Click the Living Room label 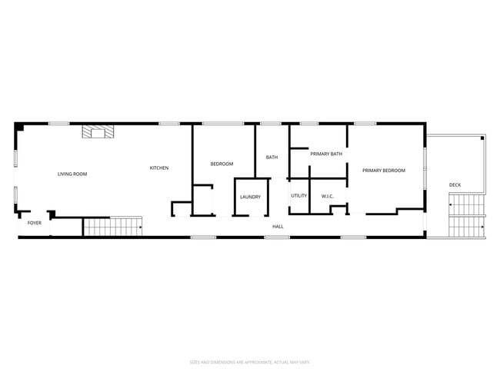[72, 174]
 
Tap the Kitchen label [159, 168]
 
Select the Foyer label [35, 223]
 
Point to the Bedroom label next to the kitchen [222, 164]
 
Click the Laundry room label [250, 197]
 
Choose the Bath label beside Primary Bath [272, 158]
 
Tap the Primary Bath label [325, 154]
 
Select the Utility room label [299, 196]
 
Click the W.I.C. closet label [327, 196]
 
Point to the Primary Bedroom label [383, 170]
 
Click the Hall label [278, 227]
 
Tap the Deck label [455, 185]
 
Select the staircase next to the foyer [112, 226]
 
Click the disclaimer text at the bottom [250, 361]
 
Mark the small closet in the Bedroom [203, 199]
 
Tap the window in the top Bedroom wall [223, 123]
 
